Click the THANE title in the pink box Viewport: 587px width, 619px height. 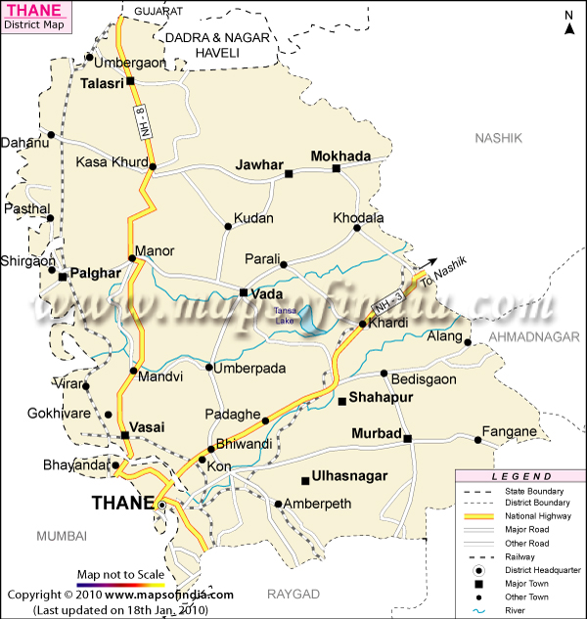32,12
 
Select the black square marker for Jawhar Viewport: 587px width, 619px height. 289,174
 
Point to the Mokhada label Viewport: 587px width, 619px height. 340,155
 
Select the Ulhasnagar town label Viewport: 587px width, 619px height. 349,476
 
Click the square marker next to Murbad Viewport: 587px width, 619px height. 407,438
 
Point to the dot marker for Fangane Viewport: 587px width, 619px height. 478,440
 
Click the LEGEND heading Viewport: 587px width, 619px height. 520,475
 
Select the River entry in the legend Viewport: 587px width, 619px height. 518,611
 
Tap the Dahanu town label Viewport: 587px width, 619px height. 25,143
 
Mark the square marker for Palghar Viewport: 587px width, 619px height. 63,277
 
